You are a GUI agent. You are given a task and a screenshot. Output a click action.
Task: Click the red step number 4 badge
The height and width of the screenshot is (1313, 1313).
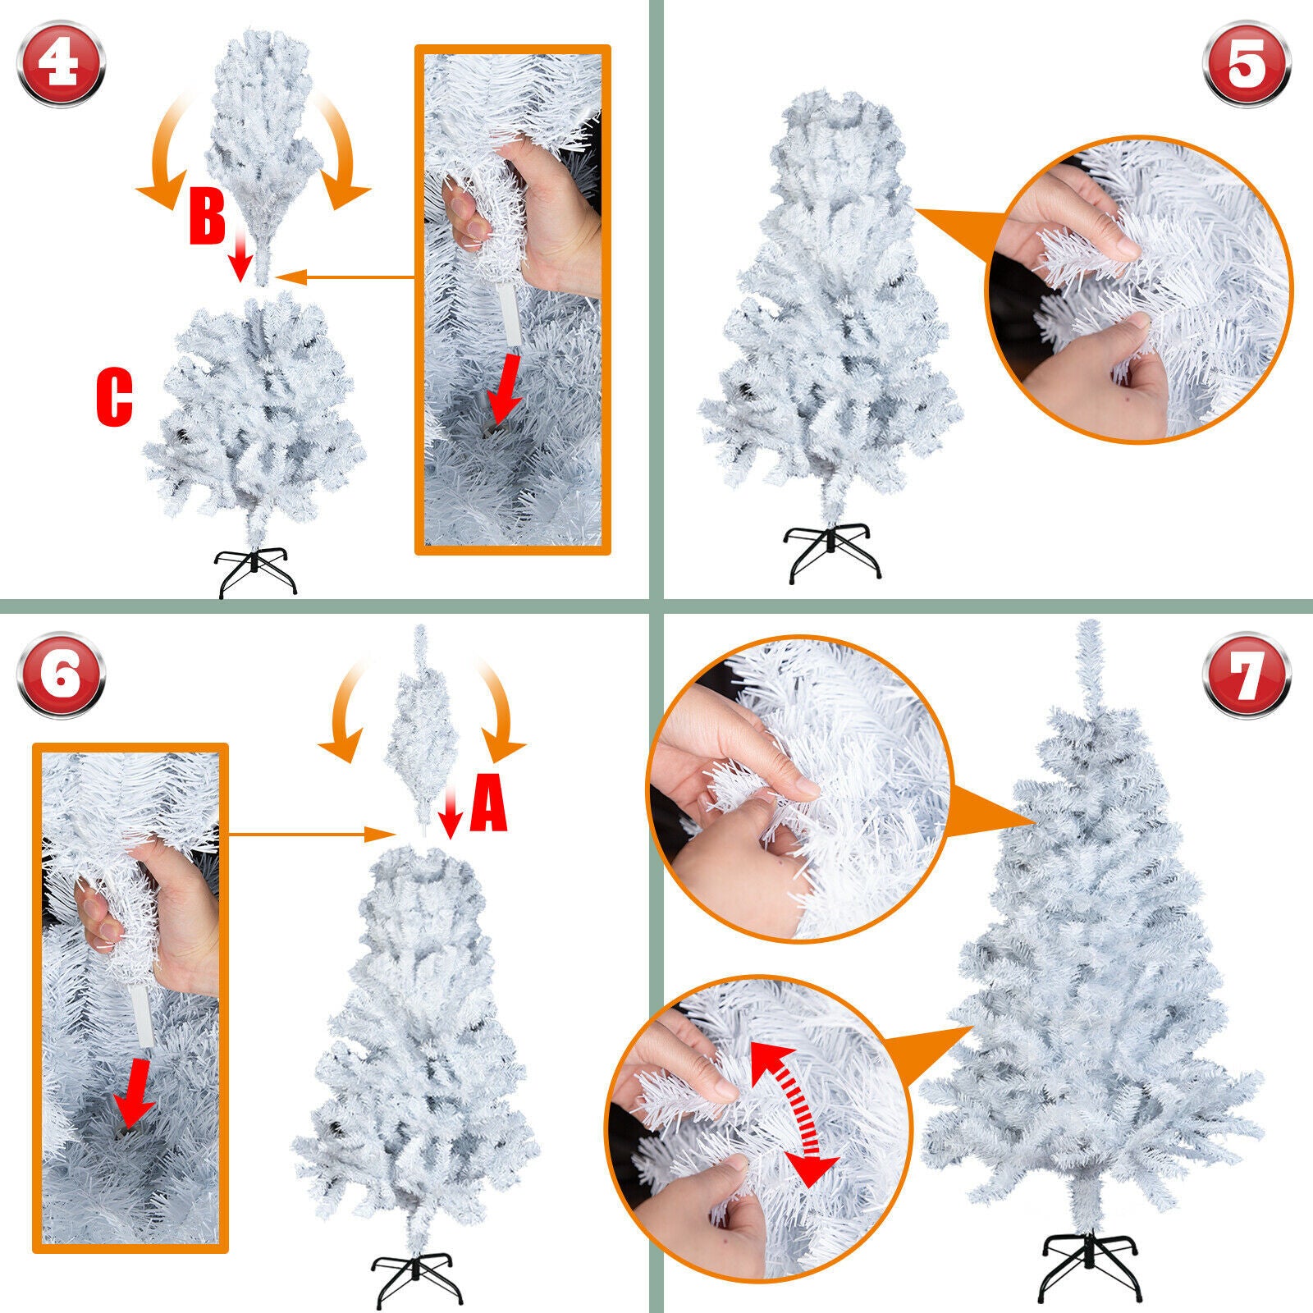(61, 63)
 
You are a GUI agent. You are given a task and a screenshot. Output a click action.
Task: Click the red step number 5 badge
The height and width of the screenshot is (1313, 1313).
(1247, 63)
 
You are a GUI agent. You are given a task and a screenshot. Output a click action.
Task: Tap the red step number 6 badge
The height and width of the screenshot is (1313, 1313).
(61, 675)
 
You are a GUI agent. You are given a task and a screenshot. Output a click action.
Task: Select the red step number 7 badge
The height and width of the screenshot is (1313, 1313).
(1247, 675)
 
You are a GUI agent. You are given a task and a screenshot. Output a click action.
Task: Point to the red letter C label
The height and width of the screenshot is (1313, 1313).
(114, 398)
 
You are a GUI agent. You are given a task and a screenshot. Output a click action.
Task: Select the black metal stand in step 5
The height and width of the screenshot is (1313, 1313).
(832, 552)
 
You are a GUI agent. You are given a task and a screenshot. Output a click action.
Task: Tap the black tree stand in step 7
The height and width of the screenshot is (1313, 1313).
(1091, 1268)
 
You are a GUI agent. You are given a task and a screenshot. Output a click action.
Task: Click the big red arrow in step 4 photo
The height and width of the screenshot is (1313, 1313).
(504, 390)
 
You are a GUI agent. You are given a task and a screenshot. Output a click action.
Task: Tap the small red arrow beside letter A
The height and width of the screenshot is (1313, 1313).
(450, 812)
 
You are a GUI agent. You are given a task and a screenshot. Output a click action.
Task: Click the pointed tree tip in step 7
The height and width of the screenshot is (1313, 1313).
(1089, 648)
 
